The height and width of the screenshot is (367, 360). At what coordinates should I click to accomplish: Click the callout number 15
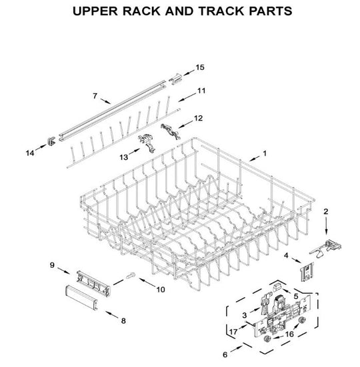[x=199, y=68]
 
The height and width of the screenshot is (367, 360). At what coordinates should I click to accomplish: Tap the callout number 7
[x=95, y=96]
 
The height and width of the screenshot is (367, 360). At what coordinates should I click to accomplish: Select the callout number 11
[x=201, y=90]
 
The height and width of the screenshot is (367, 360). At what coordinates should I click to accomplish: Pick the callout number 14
[x=29, y=154]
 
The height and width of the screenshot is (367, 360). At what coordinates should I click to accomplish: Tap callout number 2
[x=326, y=211]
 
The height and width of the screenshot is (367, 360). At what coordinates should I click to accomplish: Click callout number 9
[x=52, y=266]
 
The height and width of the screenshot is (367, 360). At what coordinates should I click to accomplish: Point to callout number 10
[x=160, y=290]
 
